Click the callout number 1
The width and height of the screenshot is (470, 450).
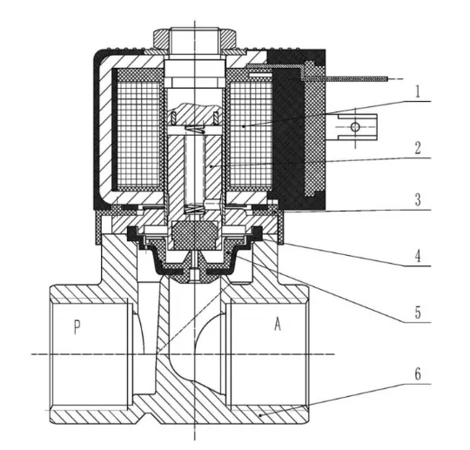tap(418, 91)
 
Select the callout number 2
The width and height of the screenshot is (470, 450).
tap(418, 148)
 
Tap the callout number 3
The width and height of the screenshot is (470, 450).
tap(418, 199)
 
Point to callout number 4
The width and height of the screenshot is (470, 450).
tap(418, 256)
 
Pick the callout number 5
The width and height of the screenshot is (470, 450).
tap(418, 312)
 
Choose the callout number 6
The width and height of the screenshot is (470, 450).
tap(418, 374)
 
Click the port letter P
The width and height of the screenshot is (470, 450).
tap(77, 327)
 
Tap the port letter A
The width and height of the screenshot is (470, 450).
tap(278, 324)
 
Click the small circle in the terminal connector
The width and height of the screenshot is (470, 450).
tap(355, 127)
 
